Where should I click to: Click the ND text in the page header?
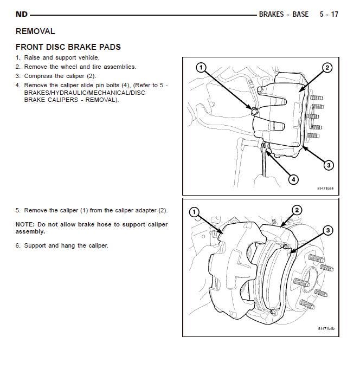coord(22,14)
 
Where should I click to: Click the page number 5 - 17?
coord(329,14)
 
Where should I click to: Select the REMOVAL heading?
coord(35,31)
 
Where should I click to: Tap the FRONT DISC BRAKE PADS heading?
coord(68,47)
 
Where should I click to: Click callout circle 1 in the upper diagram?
coord(201,68)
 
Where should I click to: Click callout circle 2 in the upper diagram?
coord(327,68)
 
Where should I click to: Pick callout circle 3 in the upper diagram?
coord(329,165)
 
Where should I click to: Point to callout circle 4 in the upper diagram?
coord(293,179)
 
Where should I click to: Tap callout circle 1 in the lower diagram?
coord(195,212)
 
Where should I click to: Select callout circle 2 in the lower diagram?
coord(297,210)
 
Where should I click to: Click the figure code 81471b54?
coord(325,189)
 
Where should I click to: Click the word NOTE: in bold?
coord(25,224)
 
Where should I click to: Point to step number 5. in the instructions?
coord(18,210)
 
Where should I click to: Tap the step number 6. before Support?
coord(18,245)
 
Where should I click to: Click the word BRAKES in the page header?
coord(271,14)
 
